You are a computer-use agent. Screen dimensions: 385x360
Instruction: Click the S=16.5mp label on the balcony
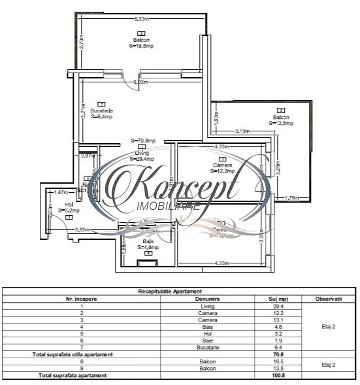pos(142,46)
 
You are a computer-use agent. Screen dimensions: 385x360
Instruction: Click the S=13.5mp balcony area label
pos(281,123)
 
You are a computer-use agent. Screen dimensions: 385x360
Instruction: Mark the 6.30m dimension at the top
pos(140,18)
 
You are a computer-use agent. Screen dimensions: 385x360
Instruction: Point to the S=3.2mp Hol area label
pos(69,210)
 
